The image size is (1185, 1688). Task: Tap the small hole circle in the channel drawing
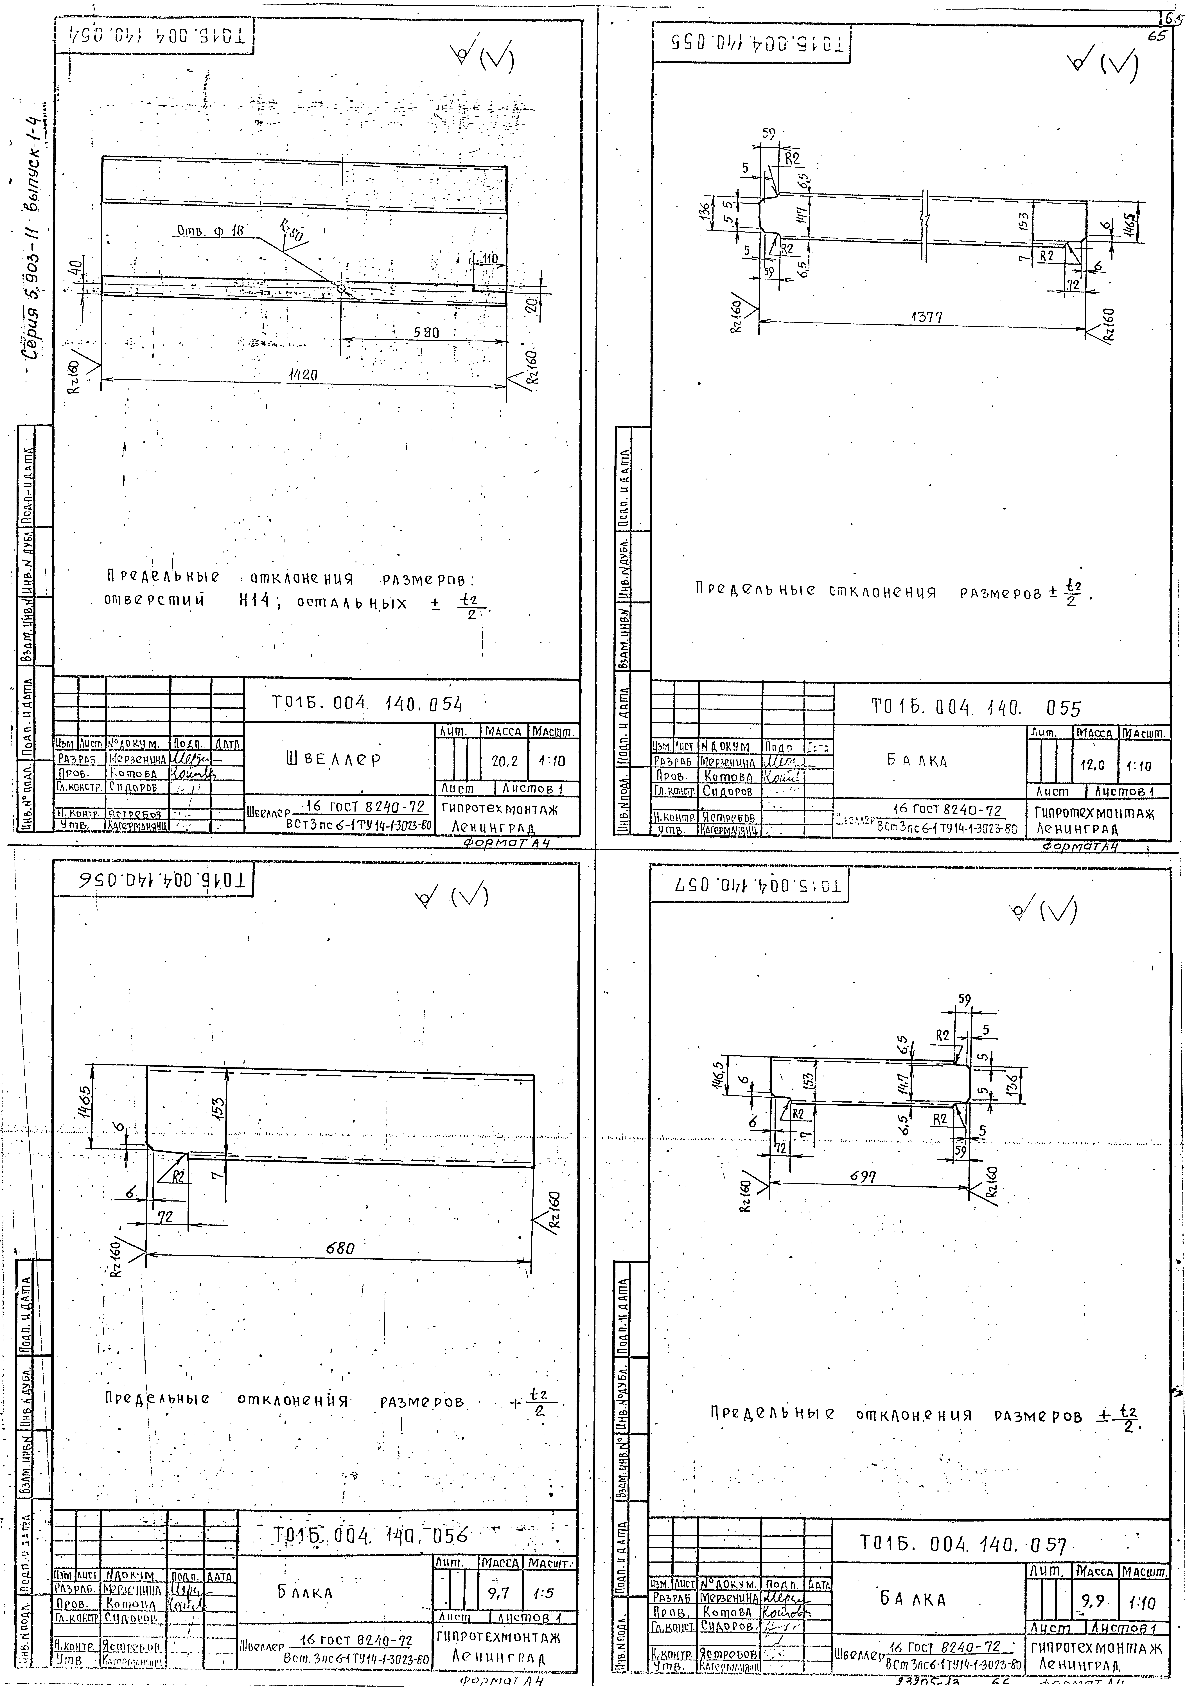[341, 289]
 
